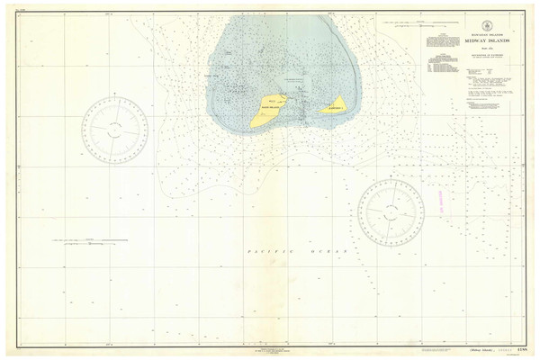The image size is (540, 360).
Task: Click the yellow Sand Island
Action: tap(267, 111)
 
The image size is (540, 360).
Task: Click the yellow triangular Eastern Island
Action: tap(335, 105)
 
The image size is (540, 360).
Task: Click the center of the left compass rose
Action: tap(114, 128)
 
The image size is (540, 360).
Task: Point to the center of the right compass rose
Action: tap(391, 212)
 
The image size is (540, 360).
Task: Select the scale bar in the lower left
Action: tap(90, 240)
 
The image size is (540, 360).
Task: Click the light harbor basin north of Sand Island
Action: tap(290, 90)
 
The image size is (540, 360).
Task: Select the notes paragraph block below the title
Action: tap(490, 94)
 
